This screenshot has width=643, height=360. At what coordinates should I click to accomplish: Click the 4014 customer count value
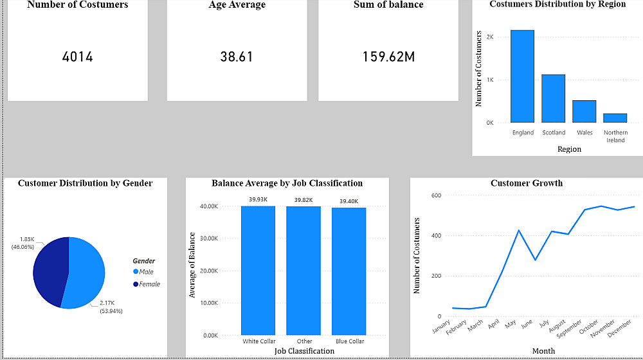pyautogui.click(x=77, y=57)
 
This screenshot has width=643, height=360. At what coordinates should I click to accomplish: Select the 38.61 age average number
pyautogui.click(x=237, y=57)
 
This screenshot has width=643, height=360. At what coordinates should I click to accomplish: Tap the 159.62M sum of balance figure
pyautogui.click(x=388, y=57)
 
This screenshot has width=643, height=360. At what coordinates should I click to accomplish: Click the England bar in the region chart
pyautogui.click(x=523, y=76)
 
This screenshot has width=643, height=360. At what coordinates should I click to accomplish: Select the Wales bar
pyautogui.click(x=584, y=111)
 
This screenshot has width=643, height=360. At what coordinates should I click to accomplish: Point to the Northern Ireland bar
pyautogui.click(x=615, y=118)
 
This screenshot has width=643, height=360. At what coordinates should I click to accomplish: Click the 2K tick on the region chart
pyautogui.click(x=490, y=37)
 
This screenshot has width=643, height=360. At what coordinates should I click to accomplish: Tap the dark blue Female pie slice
pyautogui.click(x=49, y=270)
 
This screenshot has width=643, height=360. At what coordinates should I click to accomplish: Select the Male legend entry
pyautogui.click(x=146, y=272)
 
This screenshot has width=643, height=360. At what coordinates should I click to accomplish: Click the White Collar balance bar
pyautogui.click(x=258, y=270)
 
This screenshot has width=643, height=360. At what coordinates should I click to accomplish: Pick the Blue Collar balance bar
pyautogui.click(x=349, y=271)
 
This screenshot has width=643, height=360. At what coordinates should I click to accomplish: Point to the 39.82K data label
pyautogui.click(x=303, y=200)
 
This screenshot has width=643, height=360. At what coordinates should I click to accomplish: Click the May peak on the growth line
pyautogui.click(x=518, y=230)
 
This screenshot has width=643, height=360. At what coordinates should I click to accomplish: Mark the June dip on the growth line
pyautogui.click(x=535, y=260)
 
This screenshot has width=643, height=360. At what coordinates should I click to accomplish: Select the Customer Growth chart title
pyautogui.click(x=526, y=183)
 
